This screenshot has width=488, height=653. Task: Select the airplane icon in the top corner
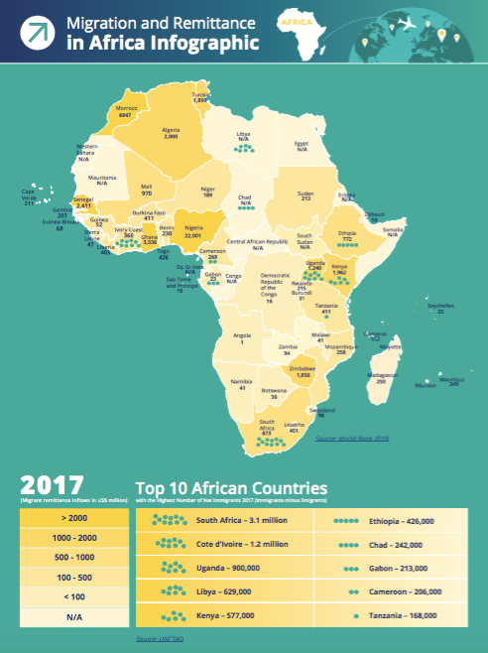pos(435,23)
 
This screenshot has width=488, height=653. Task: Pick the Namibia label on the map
pos(241,380)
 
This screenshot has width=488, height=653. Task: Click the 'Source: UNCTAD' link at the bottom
pos(158,638)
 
